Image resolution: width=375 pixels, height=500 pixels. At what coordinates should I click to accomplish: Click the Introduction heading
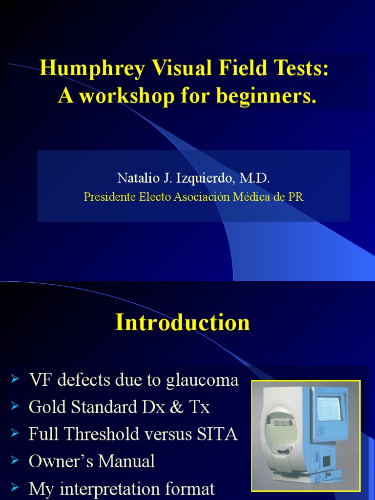click(x=183, y=323)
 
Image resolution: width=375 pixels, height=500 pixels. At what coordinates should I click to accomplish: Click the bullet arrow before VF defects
click(x=15, y=378)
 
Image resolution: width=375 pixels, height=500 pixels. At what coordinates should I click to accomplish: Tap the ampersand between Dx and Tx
click(x=175, y=407)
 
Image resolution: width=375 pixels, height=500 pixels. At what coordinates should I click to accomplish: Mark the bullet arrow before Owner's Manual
click(x=15, y=460)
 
